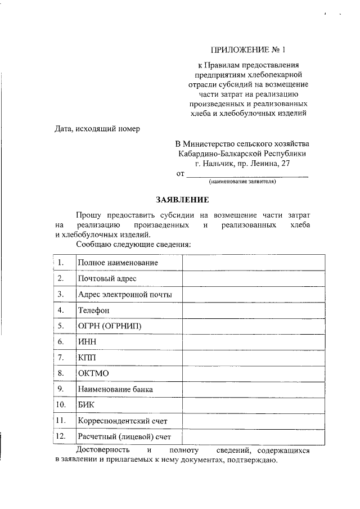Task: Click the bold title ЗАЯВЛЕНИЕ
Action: pyautogui.click(x=182, y=200)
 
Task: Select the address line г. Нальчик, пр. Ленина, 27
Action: pyautogui.click(x=242, y=163)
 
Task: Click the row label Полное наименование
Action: pyautogui.click(x=118, y=263)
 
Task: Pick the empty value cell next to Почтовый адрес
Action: pyautogui.click(x=253, y=278)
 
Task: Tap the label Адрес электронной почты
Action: pyautogui.click(x=125, y=294)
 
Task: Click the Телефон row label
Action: pyautogui.click(x=93, y=310)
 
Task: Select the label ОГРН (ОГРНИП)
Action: pyautogui.click(x=110, y=326)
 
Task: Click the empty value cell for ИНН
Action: pyautogui.click(x=253, y=341)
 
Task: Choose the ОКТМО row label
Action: pyautogui.click(x=93, y=373)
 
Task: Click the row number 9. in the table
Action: pyautogui.click(x=60, y=389)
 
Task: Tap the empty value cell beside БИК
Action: pyautogui.click(x=253, y=404)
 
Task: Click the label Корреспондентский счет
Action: pyautogui.click(x=123, y=421)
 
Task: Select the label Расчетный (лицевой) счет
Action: pyautogui.click(x=124, y=436)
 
